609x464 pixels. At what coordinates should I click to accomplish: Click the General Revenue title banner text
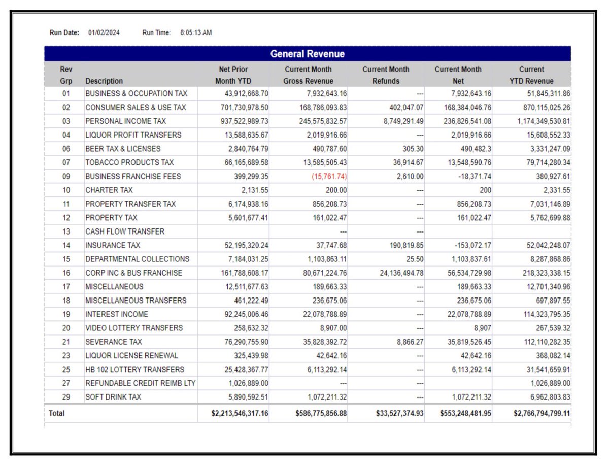tap(307, 54)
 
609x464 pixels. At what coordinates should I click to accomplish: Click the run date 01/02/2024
tap(105, 33)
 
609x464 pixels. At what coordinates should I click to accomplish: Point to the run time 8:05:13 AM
tap(196, 33)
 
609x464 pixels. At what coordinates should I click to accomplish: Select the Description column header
tap(104, 81)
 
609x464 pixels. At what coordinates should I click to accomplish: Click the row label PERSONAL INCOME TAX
tap(125, 121)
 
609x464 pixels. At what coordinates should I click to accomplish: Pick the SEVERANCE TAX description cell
tap(114, 342)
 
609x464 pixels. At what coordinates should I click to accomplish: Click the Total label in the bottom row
tap(57, 414)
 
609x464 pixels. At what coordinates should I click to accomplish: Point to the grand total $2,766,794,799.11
tap(535, 414)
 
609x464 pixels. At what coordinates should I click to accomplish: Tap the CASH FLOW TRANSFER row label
tap(125, 231)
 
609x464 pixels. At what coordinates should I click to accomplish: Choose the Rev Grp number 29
tap(66, 397)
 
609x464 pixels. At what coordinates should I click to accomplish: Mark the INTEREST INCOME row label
tap(117, 314)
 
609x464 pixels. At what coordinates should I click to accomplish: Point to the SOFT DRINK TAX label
tap(113, 397)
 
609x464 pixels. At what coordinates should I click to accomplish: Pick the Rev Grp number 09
tap(66, 177)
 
